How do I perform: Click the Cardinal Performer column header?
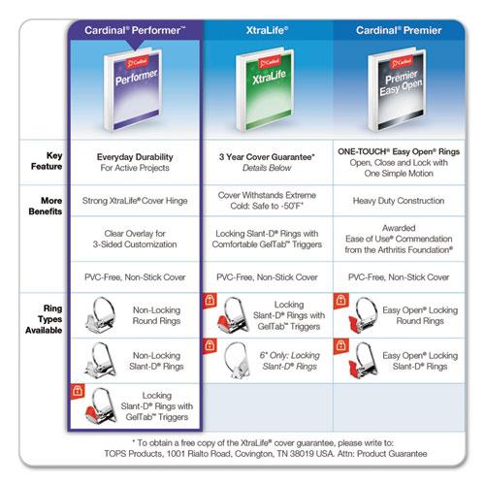pyautogui.click(x=135, y=30)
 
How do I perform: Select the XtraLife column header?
pyautogui.click(x=267, y=30)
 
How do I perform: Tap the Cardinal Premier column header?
pyautogui.click(x=399, y=30)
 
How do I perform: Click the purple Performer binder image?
pyautogui.click(x=133, y=89)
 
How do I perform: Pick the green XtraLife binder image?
pyautogui.click(x=265, y=89)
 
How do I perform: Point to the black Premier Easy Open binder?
pyautogui.click(x=397, y=89)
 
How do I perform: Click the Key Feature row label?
pyautogui.click(x=47, y=161)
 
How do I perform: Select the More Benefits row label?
pyautogui.click(x=46, y=206)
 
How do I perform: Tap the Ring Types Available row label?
pyautogui.click(x=44, y=319)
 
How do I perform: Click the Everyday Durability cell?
pyautogui.click(x=135, y=162)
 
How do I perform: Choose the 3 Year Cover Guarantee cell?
pyautogui.click(x=267, y=162)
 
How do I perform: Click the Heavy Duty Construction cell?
pyautogui.click(x=399, y=201)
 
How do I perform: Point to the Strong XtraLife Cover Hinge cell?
pyautogui.click(x=135, y=201)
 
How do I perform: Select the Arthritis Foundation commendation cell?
pyautogui.click(x=399, y=239)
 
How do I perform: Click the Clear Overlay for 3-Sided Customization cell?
pyautogui.click(x=135, y=239)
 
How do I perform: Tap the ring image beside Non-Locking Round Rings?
pyautogui.click(x=101, y=315)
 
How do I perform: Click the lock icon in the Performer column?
pyautogui.click(x=78, y=391)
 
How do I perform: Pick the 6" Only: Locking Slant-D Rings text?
pyautogui.click(x=290, y=361)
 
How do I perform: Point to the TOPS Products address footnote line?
pyautogui.click(x=266, y=454)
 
